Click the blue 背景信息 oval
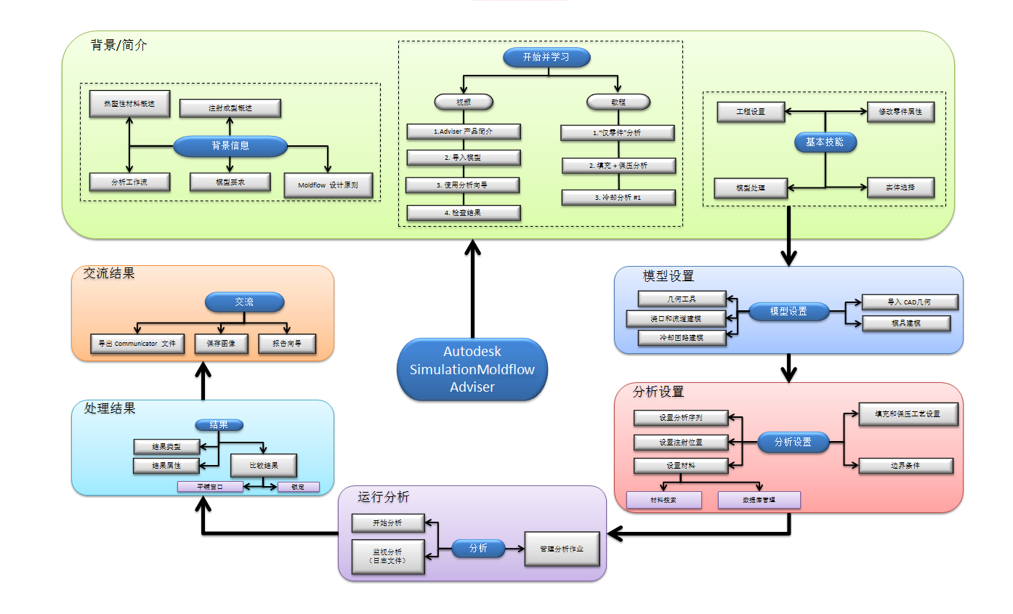(x=230, y=146)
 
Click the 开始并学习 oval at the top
(x=546, y=57)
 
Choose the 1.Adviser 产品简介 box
(x=463, y=132)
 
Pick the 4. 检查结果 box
(x=463, y=213)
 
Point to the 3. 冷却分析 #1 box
(x=618, y=197)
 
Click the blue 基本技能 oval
(x=825, y=142)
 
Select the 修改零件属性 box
(x=900, y=112)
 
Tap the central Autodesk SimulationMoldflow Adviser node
(x=472, y=370)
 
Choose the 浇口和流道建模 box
(x=677, y=318)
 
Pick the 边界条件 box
(x=905, y=466)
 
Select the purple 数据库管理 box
(x=759, y=500)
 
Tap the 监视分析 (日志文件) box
(x=387, y=557)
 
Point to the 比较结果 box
(x=264, y=465)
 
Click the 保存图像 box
(x=222, y=344)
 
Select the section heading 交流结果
(x=109, y=273)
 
